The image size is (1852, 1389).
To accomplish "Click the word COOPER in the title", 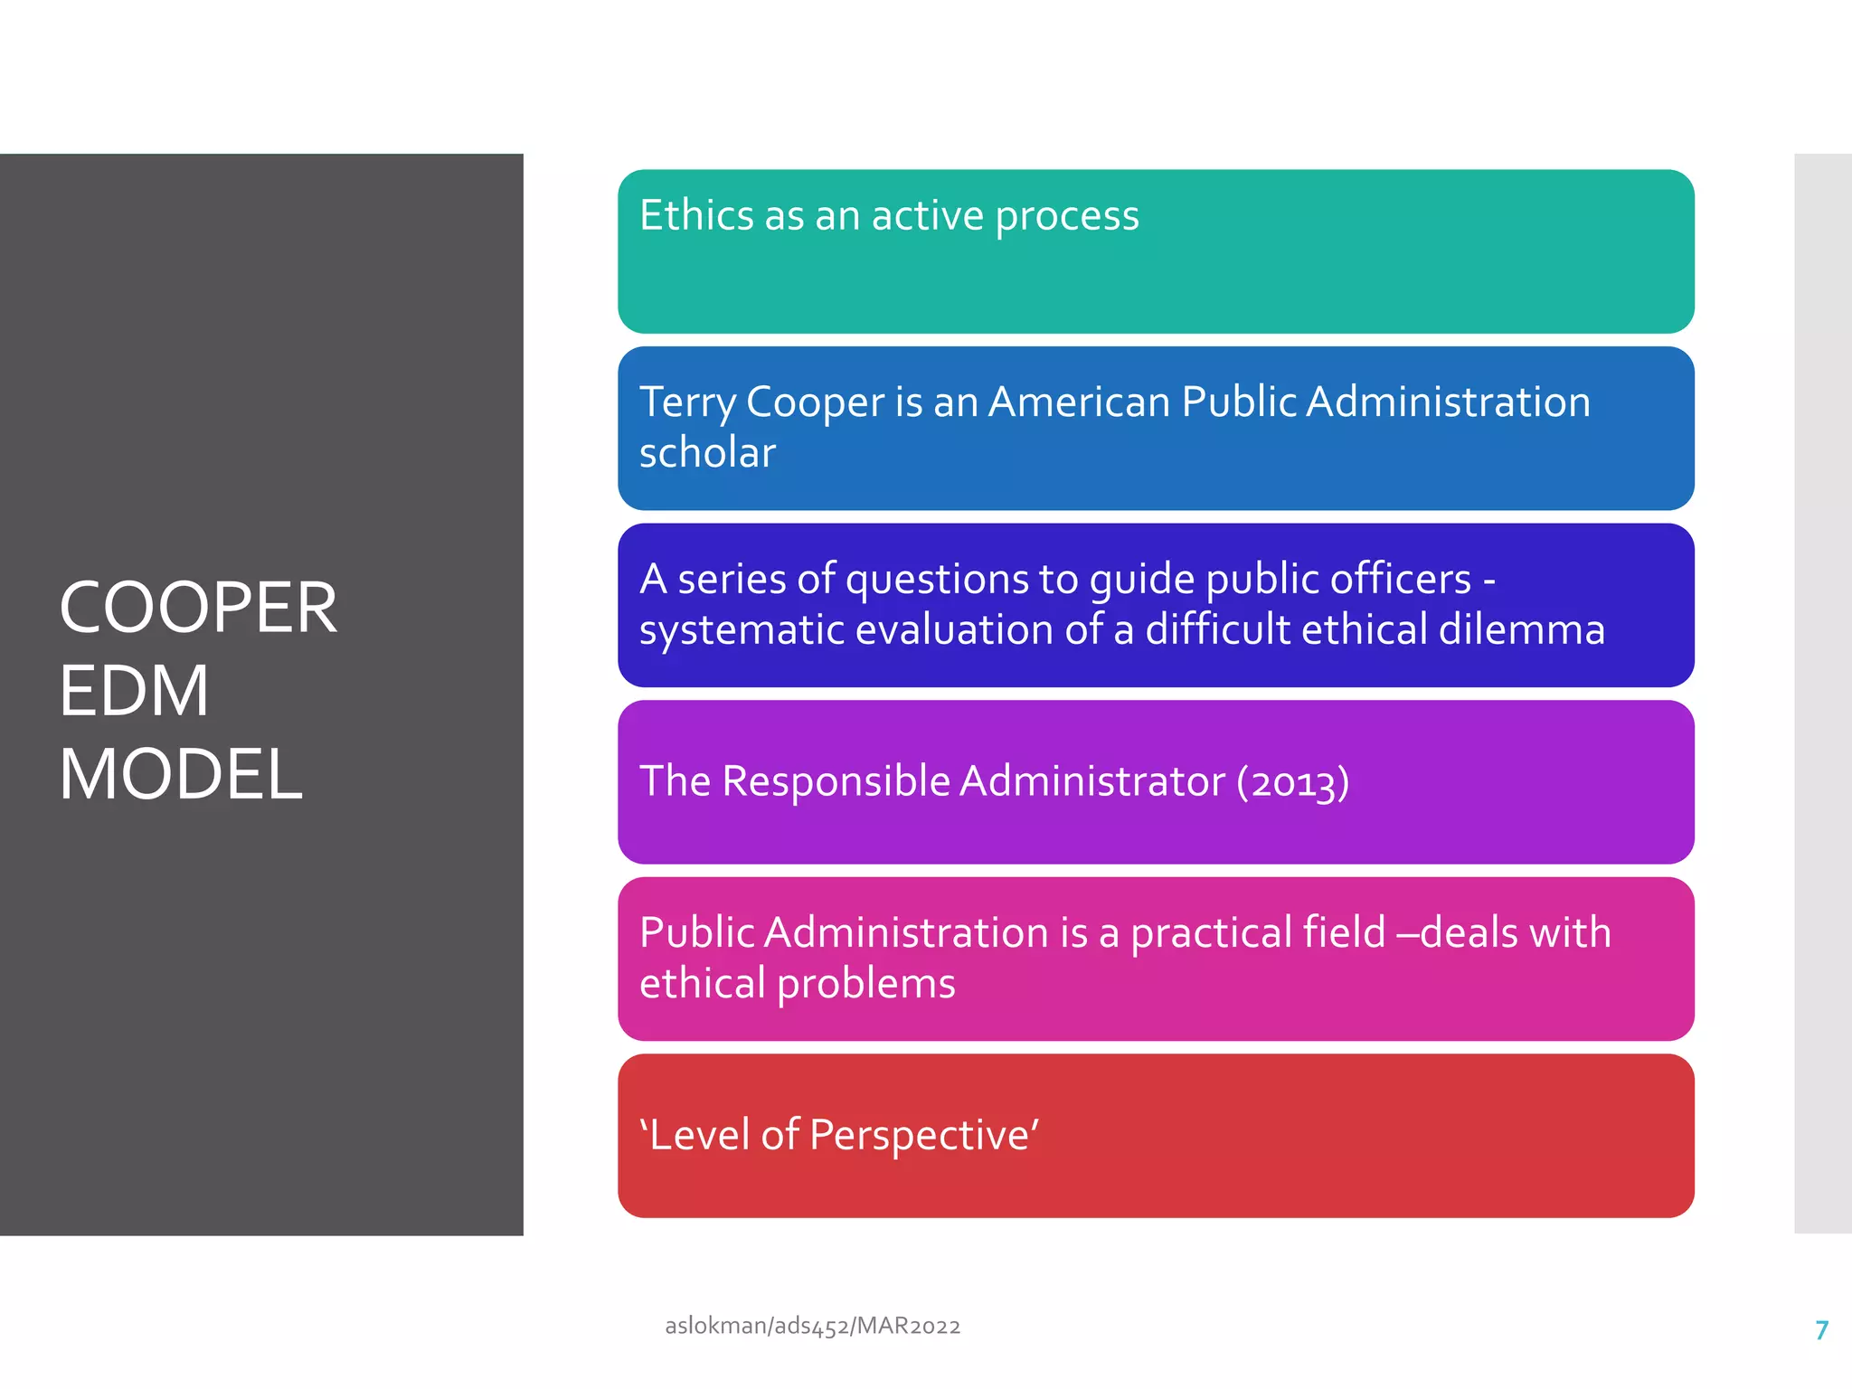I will click(x=198, y=608).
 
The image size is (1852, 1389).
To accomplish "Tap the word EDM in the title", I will click(x=134, y=691).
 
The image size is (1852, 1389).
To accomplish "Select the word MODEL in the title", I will click(x=181, y=774).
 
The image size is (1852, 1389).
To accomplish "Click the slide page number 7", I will click(x=1821, y=1330).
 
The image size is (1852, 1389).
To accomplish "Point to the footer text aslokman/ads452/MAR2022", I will click(x=812, y=1326).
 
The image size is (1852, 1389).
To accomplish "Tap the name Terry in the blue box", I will click(x=687, y=402).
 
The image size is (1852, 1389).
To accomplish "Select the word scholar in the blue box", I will click(x=707, y=452).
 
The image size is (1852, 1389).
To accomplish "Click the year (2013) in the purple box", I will click(x=1293, y=781).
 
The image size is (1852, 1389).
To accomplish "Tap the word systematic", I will click(x=742, y=630).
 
